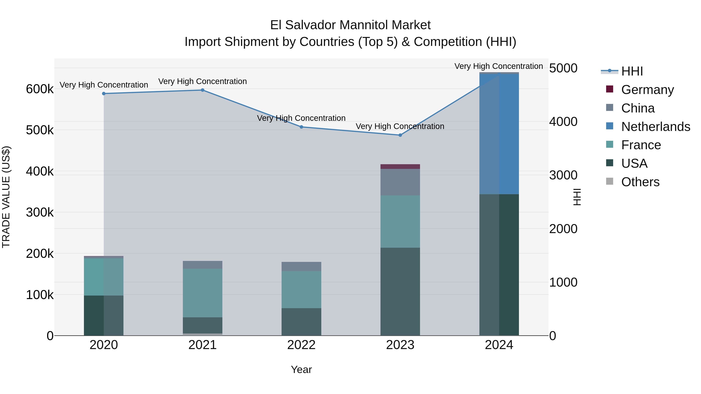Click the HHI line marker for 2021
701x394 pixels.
pos(203,90)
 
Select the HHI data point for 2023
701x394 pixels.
pos(400,135)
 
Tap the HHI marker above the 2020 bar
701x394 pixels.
pos(104,94)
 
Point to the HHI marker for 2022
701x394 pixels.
pos(301,127)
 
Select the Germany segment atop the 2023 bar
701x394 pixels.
pos(400,166)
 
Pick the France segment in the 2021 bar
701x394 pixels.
pos(203,293)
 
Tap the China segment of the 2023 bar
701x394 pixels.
pos(400,182)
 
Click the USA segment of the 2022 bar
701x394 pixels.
pos(301,322)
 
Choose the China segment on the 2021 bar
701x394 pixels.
pos(203,265)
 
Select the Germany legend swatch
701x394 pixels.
pos(609,89)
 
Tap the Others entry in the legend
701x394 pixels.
pos(640,182)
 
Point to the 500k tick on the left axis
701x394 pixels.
pos(40,130)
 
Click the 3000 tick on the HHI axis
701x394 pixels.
pos(563,175)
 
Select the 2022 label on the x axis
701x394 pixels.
pos(301,345)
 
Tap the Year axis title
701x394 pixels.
pos(301,369)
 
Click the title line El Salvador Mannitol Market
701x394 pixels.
pos(350,25)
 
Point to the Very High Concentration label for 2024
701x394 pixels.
pos(498,66)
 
